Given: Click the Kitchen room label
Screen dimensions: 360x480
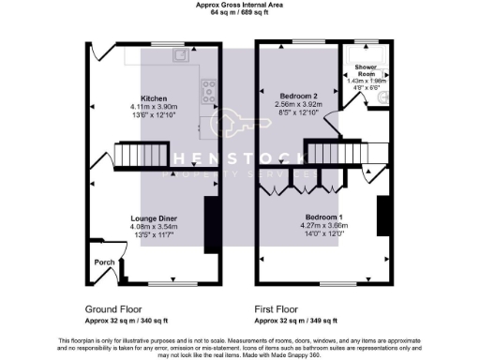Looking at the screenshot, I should pyautogui.click(x=154, y=97).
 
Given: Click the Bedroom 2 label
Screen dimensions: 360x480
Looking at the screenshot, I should pyautogui.click(x=297, y=95).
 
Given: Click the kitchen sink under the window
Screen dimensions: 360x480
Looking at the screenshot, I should pyautogui.click(x=178, y=55).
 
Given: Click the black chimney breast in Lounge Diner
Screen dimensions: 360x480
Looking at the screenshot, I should pyautogui.click(x=211, y=224).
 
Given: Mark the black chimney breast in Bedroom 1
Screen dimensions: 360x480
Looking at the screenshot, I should pyautogui.click(x=382, y=216).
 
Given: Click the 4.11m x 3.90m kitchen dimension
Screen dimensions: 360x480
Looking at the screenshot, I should pyautogui.click(x=154, y=106).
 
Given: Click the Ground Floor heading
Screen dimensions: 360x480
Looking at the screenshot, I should pyautogui.click(x=114, y=308).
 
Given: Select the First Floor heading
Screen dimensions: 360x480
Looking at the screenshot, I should pyautogui.click(x=282, y=308).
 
